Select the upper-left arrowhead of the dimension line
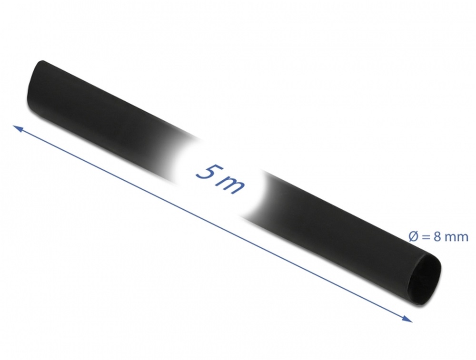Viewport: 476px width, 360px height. click(x=18, y=128)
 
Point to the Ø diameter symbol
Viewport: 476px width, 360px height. click(x=414, y=237)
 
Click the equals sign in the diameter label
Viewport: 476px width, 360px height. click(x=426, y=237)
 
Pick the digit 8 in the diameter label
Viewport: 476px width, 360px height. click(x=438, y=237)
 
